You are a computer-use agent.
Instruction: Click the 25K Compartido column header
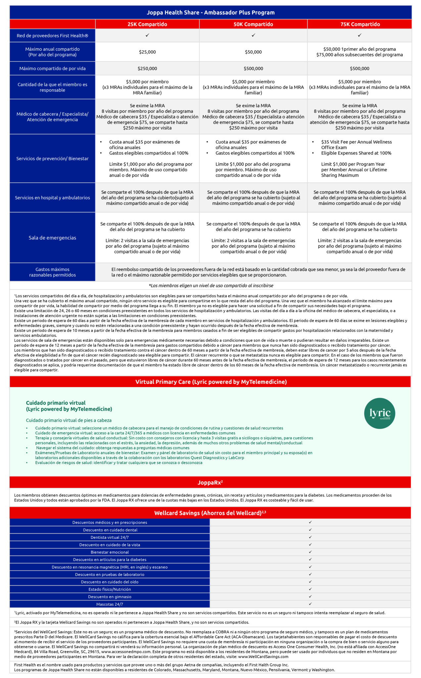[x=147, y=24]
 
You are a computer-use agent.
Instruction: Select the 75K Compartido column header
[x=360, y=24]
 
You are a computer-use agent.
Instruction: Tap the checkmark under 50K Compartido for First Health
[x=253, y=35]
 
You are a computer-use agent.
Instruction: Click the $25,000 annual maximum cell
[x=147, y=52]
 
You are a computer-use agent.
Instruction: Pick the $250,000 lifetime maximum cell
[x=147, y=69]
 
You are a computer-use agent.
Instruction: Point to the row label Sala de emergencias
[x=52, y=238]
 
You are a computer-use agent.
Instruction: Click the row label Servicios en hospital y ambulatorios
[x=52, y=198]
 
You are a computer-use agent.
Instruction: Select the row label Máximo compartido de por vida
[x=52, y=69]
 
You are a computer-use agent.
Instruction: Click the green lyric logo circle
[x=380, y=413]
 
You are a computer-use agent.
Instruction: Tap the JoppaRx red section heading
[x=210, y=483]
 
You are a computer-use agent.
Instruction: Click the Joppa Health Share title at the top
[x=210, y=13]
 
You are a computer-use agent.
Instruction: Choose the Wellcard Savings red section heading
[x=210, y=513]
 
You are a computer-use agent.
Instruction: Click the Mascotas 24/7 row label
[x=110, y=604]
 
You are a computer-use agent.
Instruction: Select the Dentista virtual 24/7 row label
[x=110, y=537]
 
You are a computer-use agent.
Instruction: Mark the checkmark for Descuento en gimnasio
[x=310, y=597]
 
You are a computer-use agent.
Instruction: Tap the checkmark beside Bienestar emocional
[x=310, y=552]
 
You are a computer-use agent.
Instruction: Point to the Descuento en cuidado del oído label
[x=110, y=582]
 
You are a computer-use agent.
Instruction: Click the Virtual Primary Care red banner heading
[x=211, y=382]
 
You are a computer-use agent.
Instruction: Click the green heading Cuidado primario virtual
[x=56, y=403]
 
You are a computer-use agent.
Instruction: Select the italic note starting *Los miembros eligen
[x=211, y=285]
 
